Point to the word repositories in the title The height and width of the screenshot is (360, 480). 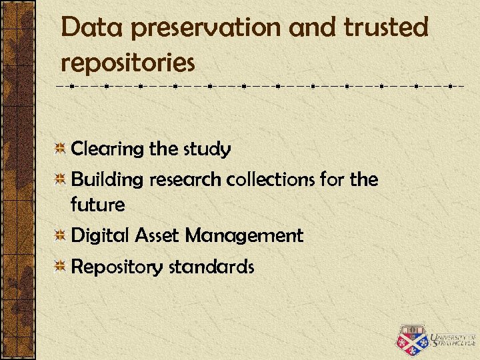pos(127,63)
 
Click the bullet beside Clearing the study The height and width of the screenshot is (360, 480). pos(60,149)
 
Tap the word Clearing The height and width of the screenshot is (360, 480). pos(107,149)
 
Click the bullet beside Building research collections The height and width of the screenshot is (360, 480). pos(60,179)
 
